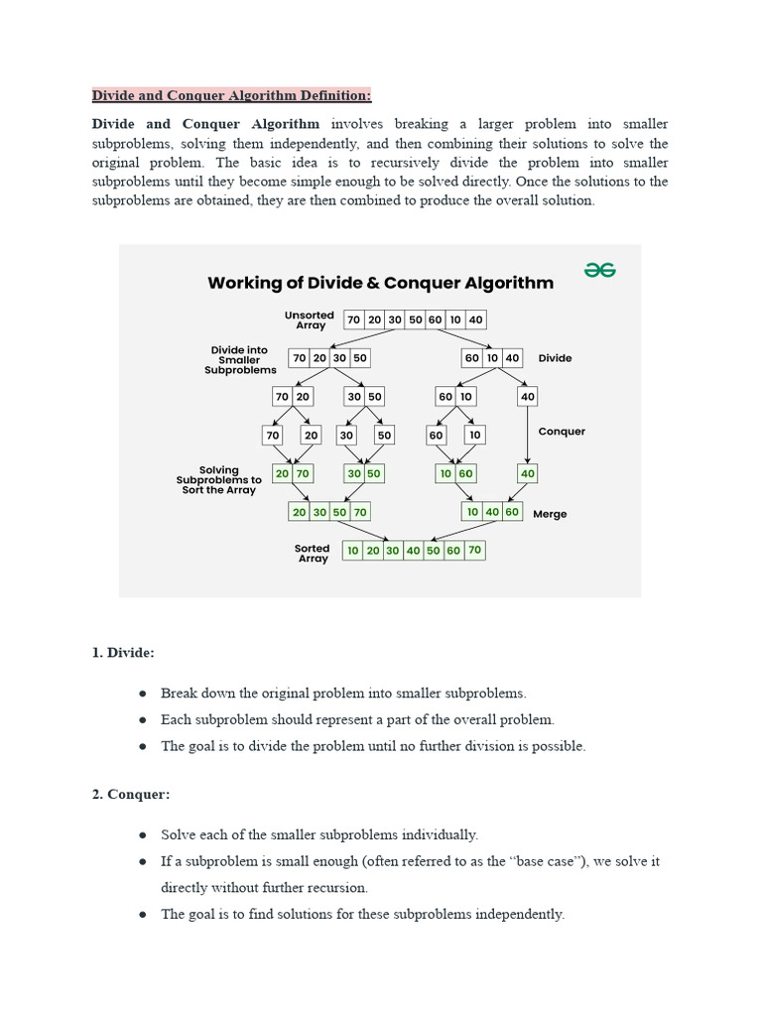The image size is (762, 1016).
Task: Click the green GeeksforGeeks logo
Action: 599,270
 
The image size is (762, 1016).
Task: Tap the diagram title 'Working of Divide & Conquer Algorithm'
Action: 380,283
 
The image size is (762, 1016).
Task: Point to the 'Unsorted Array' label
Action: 310,319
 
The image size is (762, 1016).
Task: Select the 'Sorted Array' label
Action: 313,554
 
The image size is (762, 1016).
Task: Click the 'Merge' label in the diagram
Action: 550,514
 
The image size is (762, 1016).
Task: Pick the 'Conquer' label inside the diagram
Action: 562,432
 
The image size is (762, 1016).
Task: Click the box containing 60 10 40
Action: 492,357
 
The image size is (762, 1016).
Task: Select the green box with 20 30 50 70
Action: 329,512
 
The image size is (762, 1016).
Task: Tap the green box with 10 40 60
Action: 492,512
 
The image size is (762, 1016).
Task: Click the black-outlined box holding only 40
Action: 527,396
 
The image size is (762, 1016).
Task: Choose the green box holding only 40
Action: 527,473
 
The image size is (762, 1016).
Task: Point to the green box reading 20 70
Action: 292,473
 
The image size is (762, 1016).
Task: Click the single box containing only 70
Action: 273,435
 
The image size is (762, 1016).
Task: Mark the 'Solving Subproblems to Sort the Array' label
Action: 219,480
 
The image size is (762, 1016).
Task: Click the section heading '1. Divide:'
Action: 123,652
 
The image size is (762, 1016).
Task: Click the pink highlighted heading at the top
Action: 231,95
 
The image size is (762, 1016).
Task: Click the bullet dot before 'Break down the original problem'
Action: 143,694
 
